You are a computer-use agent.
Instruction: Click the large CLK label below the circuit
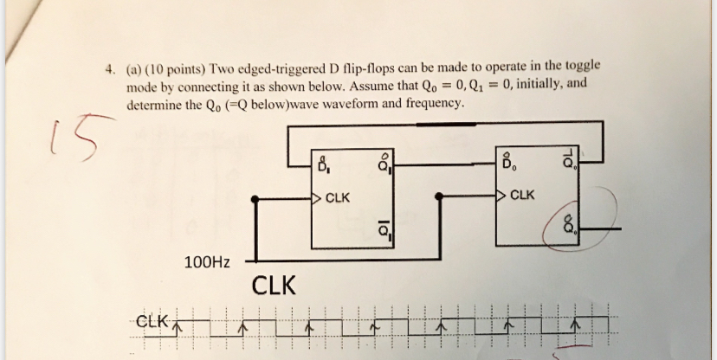tap(273, 285)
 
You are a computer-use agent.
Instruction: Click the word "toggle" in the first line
tap(584, 66)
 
